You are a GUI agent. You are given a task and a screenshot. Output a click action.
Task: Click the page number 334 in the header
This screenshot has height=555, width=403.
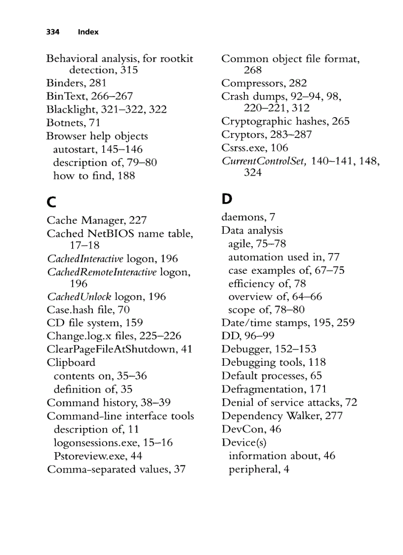pos(52,32)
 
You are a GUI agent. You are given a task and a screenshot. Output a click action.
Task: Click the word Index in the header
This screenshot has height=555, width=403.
pos(88,32)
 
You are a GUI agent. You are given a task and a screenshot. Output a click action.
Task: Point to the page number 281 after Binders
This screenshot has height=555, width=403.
pos(98,83)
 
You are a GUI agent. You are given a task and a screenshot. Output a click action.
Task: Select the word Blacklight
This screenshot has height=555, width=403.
pos(69,109)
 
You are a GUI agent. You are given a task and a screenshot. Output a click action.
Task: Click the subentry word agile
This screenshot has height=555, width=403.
pos(240,244)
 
